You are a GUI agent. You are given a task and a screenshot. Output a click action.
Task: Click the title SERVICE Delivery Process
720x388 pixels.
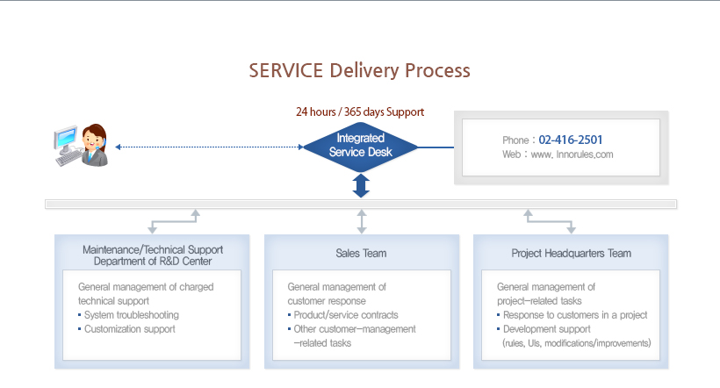[359, 70]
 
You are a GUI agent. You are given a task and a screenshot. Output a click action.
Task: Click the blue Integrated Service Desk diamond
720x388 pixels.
[360, 145]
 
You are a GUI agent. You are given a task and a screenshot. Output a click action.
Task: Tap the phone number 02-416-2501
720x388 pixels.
[571, 140]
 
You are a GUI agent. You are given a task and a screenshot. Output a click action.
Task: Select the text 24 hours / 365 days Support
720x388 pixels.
[360, 112]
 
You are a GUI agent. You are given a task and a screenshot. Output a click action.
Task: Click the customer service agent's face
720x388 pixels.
[94, 139]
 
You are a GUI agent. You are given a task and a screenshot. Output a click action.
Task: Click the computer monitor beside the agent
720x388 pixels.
[66, 140]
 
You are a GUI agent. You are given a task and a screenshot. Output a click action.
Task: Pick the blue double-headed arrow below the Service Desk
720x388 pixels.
[361, 185]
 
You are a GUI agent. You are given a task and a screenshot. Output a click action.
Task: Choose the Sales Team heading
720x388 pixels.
[361, 254]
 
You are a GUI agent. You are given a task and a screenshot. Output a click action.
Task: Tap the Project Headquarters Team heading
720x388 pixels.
[571, 254]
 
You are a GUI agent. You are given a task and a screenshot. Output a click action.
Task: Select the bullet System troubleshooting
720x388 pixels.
[132, 315]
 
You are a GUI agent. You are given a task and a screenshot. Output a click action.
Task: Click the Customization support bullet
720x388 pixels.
[129, 329]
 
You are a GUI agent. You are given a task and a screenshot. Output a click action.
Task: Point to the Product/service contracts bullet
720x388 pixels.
[346, 315]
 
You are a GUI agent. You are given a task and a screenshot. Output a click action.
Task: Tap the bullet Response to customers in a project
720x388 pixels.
[576, 315]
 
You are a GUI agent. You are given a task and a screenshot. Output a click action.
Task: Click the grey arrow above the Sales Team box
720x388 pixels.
[361, 220]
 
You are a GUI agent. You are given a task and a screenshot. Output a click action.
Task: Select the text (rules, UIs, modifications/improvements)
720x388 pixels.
[576, 343]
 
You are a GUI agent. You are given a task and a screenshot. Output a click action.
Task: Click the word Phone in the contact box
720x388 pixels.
[515, 140]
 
